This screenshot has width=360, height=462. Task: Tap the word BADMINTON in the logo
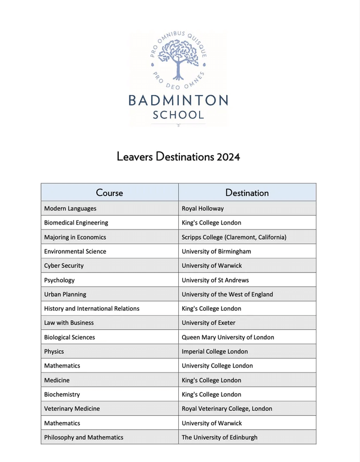click(178, 101)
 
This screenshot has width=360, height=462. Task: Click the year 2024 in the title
click(228, 156)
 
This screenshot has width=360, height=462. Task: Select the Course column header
click(109, 192)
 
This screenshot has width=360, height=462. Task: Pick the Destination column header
click(247, 192)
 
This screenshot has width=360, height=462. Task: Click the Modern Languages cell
click(70, 208)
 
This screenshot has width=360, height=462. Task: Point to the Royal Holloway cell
click(202, 208)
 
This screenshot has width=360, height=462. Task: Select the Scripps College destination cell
click(234, 237)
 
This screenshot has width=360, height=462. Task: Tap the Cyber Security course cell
click(64, 266)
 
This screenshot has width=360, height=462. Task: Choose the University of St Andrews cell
click(215, 280)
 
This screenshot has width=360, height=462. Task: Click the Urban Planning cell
click(65, 294)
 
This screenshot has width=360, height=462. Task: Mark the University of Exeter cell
click(209, 322)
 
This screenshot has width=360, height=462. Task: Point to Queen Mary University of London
click(228, 337)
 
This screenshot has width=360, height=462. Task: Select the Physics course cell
click(54, 351)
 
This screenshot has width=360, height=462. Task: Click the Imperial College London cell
click(215, 351)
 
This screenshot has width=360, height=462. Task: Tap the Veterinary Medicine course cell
click(72, 409)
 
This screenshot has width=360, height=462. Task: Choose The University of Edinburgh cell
click(219, 437)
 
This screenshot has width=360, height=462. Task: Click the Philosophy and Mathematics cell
click(84, 437)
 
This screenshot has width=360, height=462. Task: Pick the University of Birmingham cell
click(217, 251)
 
